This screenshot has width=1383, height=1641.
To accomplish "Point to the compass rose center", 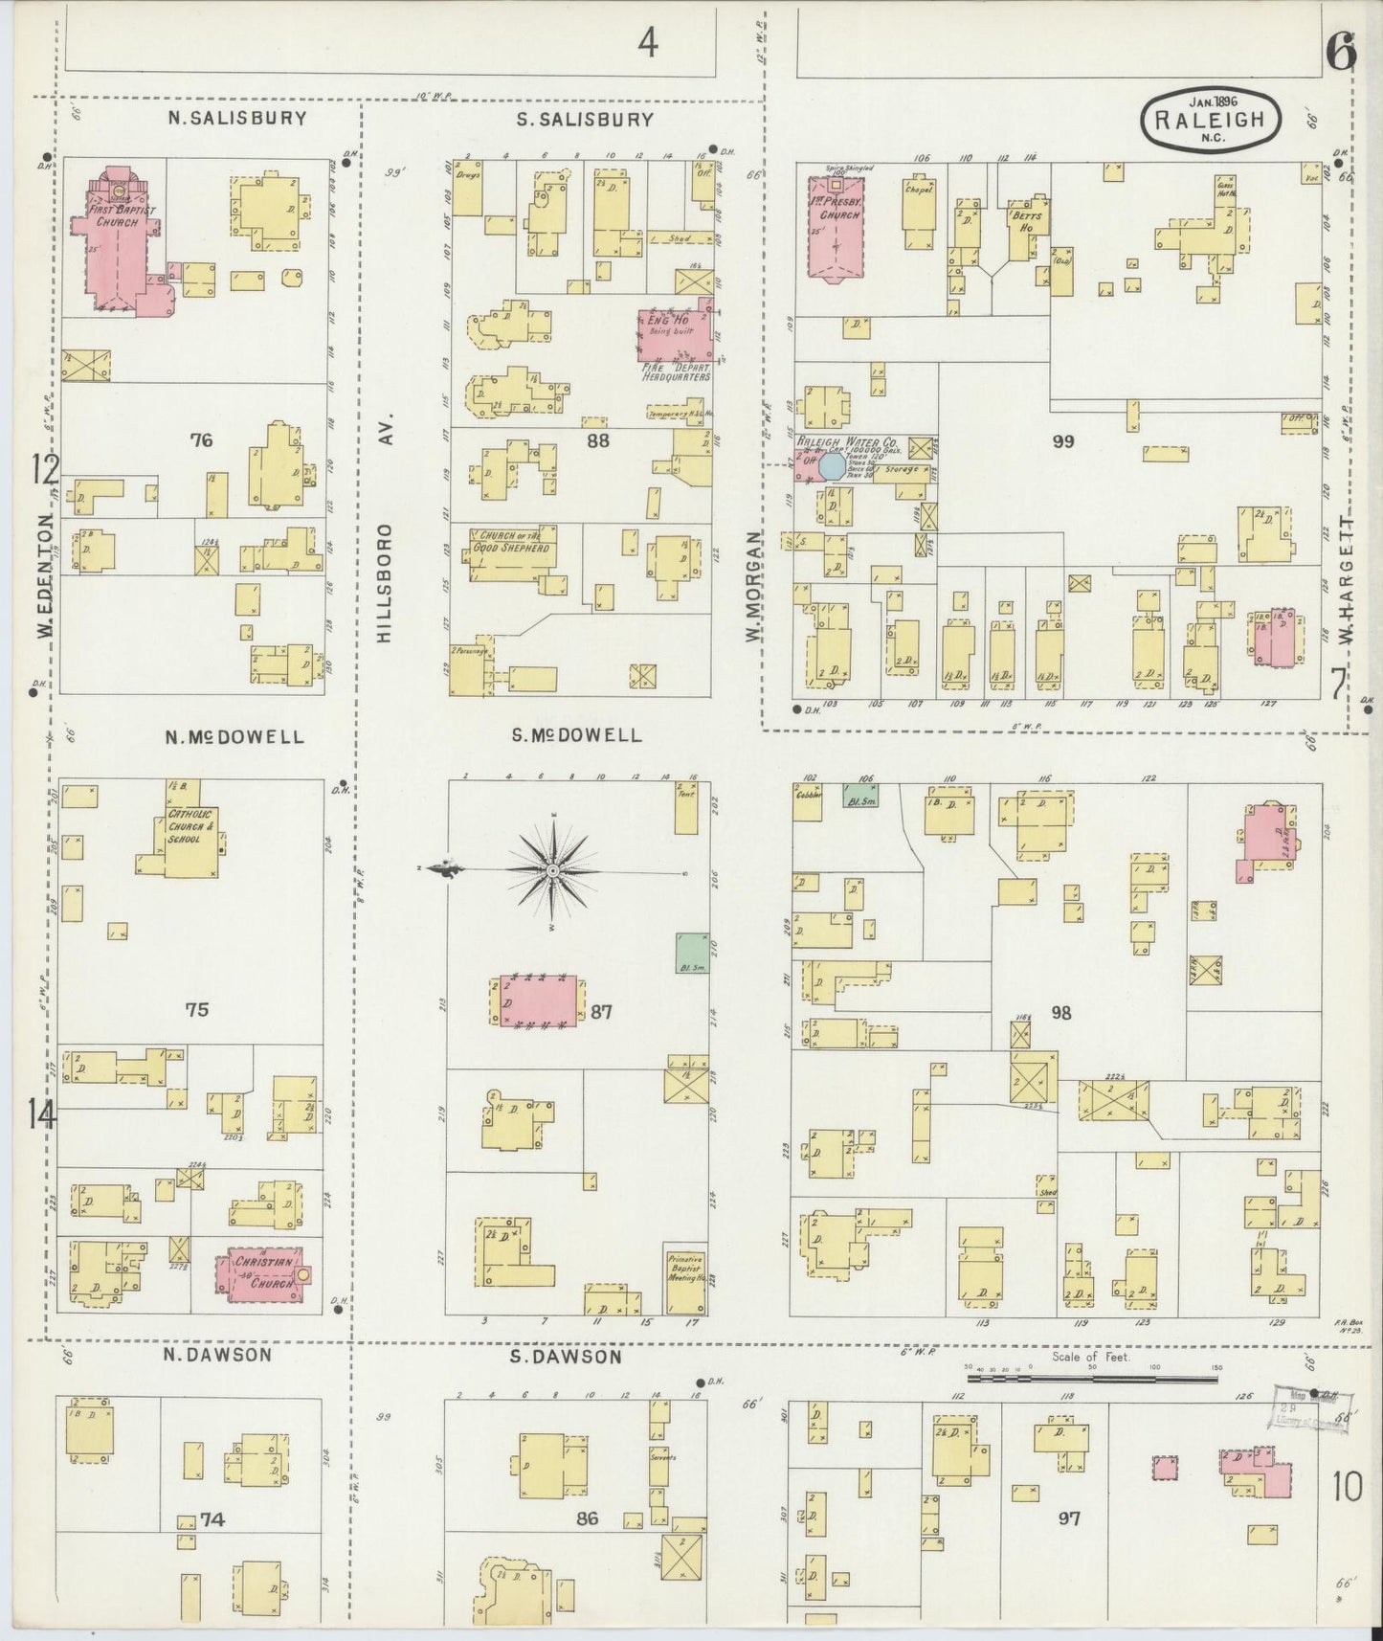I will [553, 870].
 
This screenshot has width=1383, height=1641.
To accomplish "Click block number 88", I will [598, 441].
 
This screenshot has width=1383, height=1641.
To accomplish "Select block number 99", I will [1062, 441].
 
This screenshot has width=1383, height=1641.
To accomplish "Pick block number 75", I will [196, 1009].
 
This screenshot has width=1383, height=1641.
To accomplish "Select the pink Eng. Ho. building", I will [676, 335].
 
